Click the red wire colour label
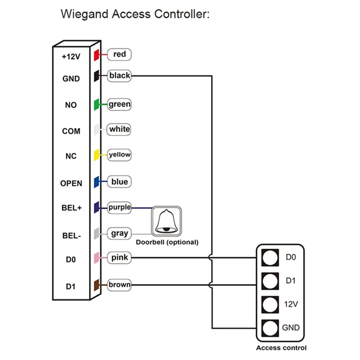coord(119,54)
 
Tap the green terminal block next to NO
coord(96,105)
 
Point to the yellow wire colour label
coord(120,155)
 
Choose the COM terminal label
coord(71,131)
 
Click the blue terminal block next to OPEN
coord(96,182)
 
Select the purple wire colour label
coord(119,207)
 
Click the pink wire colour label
coord(120,258)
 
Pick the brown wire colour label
coord(119,284)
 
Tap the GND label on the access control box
coord(291,328)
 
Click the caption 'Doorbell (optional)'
coord(167,242)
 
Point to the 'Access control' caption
coord(281,347)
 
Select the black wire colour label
coord(119,76)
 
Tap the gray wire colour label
coord(120,234)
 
